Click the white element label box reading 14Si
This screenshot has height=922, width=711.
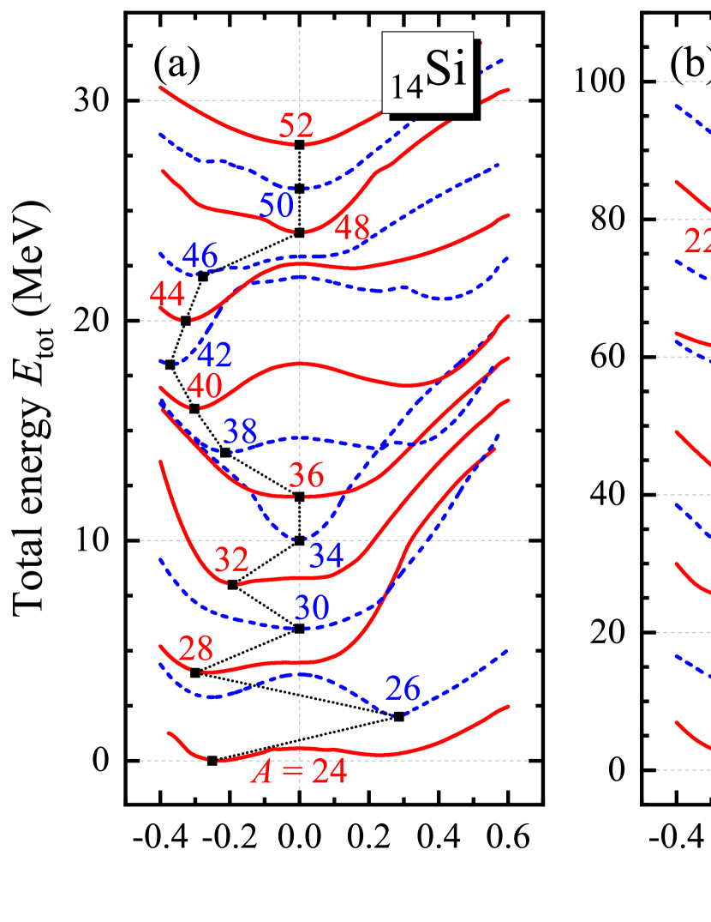427,73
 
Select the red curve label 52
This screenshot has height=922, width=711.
296,126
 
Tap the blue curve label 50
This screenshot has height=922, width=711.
277,206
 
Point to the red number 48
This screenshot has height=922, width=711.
352,228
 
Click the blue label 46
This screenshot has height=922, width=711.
200,255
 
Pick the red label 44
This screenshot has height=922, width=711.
167,294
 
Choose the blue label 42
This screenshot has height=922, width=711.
214,354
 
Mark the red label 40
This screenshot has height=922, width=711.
204,387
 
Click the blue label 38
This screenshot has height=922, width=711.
240,432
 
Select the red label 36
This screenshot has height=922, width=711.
306,475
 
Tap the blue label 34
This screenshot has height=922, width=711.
326,556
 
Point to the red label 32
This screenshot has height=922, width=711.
231,560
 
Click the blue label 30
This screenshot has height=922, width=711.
312,608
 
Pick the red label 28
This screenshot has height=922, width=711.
195,648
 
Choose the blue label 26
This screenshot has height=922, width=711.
403,688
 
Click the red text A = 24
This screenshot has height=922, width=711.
299,773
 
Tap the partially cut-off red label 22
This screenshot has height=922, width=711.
697,242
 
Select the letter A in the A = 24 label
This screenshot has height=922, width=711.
261,773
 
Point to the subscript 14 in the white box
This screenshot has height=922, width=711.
408,87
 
